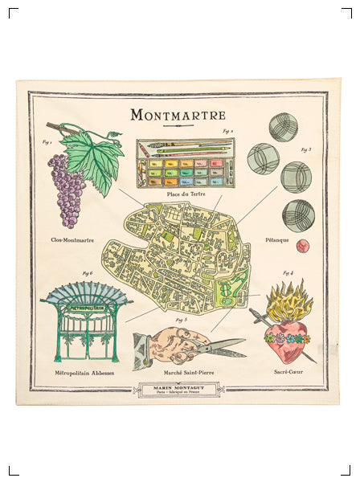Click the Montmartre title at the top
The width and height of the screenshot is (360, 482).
click(x=178, y=115)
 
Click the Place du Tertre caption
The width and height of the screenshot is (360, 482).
click(x=184, y=194)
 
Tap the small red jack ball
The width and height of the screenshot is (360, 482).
click(x=303, y=246)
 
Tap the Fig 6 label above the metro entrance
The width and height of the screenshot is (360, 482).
click(x=87, y=274)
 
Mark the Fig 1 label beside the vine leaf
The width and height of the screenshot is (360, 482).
click(x=47, y=142)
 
